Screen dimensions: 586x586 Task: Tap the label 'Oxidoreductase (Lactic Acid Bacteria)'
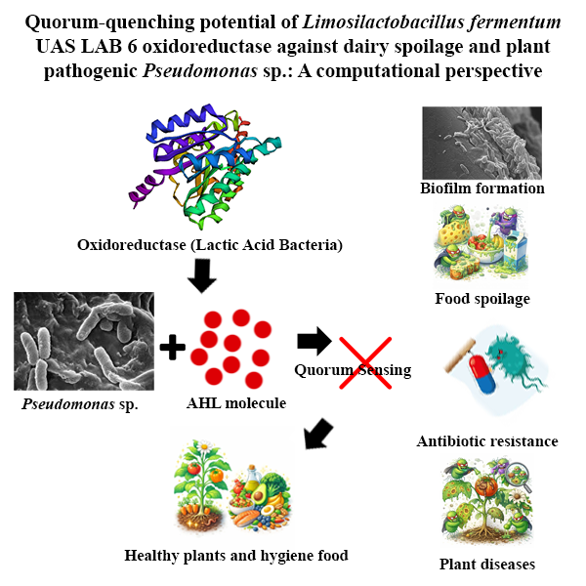point(209,244)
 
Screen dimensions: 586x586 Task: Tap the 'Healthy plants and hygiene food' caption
point(236,556)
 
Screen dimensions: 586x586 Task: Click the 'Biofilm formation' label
point(481,188)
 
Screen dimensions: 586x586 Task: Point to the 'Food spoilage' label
point(482,298)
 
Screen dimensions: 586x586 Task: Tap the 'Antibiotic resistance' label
point(486,441)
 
